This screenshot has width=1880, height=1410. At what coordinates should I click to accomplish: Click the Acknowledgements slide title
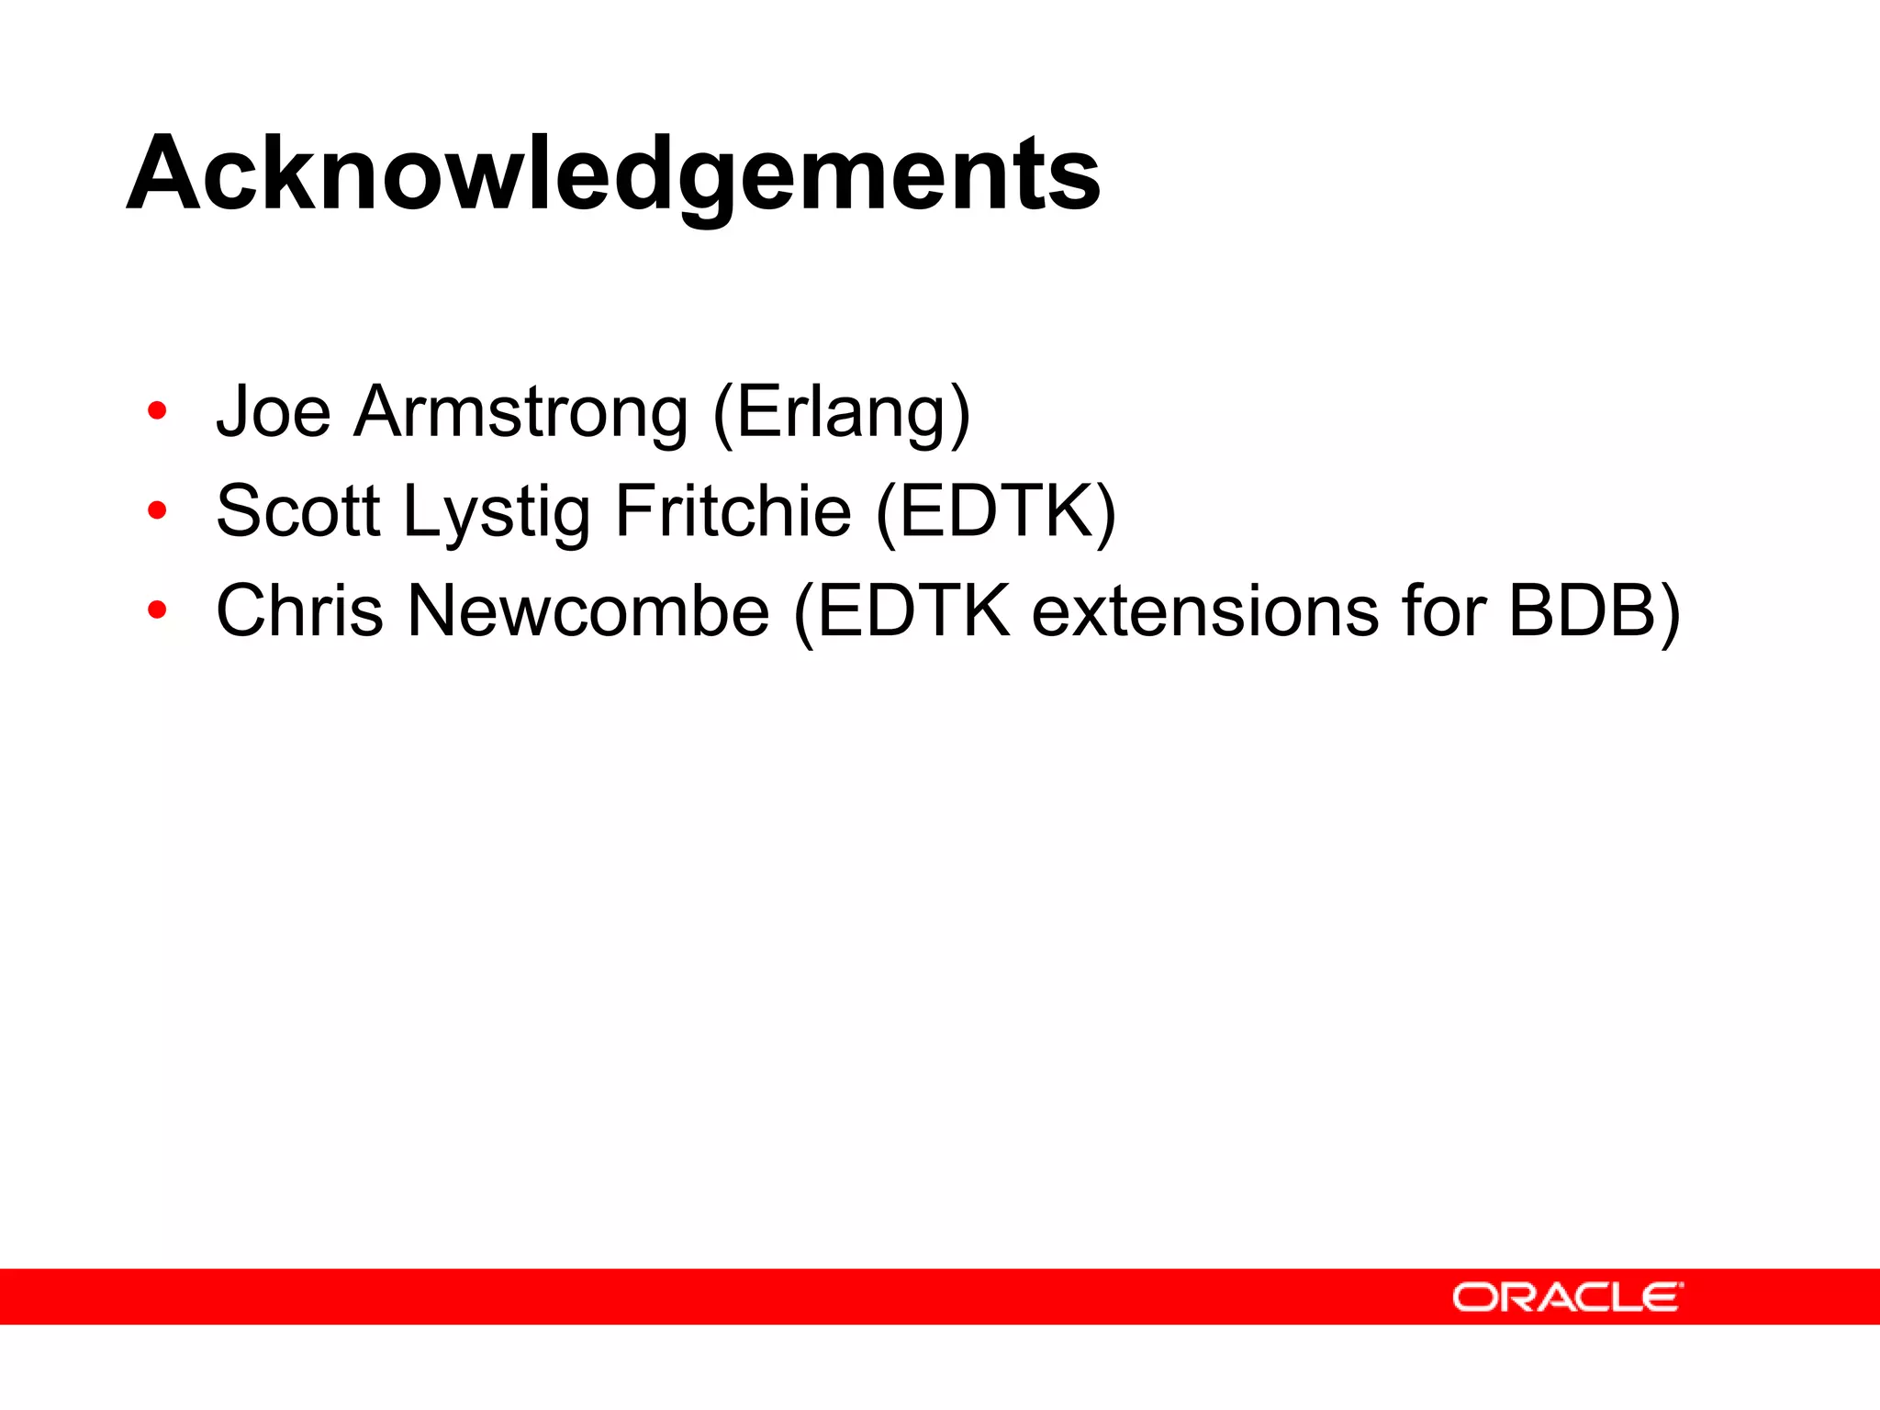click(613, 174)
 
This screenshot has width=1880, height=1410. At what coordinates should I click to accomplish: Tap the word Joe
click(273, 412)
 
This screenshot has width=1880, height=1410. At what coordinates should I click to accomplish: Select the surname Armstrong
click(520, 412)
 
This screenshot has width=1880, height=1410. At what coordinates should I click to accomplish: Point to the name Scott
click(297, 511)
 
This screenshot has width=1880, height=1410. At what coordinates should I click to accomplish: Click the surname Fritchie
click(733, 511)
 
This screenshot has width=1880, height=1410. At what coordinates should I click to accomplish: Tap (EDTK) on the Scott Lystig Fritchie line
click(995, 512)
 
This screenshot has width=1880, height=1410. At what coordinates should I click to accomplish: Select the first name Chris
click(299, 611)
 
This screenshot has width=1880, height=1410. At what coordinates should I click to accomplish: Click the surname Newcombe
click(587, 611)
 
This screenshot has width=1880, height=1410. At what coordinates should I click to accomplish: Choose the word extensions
click(1204, 611)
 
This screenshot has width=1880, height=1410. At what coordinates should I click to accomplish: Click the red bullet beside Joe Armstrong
click(157, 411)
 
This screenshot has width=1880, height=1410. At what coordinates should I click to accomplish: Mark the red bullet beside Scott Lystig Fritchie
click(157, 510)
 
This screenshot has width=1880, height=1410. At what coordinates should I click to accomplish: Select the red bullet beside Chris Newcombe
click(157, 610)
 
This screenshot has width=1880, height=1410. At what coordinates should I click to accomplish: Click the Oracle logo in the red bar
click(1567, 1297)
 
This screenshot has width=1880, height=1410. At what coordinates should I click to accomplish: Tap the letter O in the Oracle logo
click(1473, 1298)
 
